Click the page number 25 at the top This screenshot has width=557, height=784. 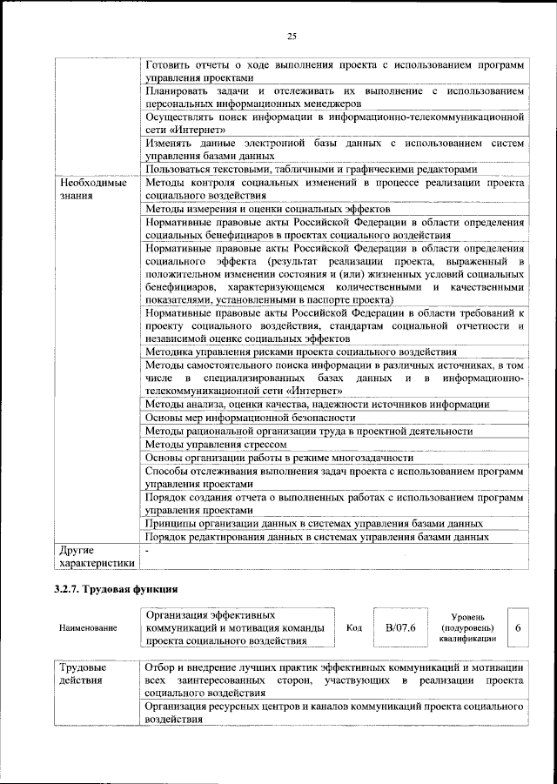[292, 36]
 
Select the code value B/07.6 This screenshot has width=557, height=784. [401, 627]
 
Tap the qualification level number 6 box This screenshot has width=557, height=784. [518, 627]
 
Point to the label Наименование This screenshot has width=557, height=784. [87, 627]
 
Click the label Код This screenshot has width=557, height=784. [354, 627]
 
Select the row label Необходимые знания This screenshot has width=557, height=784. [92, 190]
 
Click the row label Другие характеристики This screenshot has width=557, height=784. [94, 556]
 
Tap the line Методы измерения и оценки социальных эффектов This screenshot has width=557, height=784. [267, 209]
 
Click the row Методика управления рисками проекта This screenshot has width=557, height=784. [300, 351]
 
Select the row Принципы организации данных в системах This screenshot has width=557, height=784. [314, 524]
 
